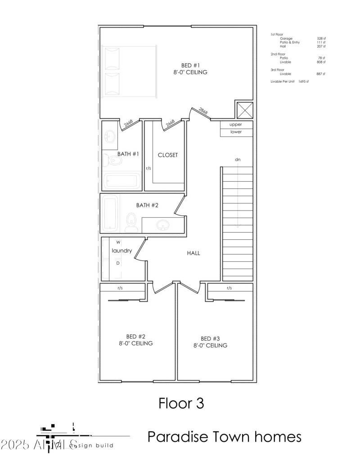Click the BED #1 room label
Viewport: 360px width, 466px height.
tap(191, 65)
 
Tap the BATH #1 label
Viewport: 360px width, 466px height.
tap(128, 154)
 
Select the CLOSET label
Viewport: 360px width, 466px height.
tap(167, 155)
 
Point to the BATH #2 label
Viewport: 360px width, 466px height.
tap(148, 205)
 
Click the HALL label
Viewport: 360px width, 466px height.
tap(193, 253)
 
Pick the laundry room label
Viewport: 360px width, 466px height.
tap(121, 251)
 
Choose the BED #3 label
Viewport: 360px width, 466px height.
tap(210, 339)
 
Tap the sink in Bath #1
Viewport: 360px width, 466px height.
tap(110, 136)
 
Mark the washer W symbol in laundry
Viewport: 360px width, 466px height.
tap(118, 242)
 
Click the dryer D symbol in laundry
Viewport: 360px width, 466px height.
tap(118, 263)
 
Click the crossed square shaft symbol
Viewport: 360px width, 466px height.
tap(245, 110)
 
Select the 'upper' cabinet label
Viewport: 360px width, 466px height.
tap(236, 125)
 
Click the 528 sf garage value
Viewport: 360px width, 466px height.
tap(321, 39)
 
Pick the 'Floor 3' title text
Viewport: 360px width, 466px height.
tap(181, 403)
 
